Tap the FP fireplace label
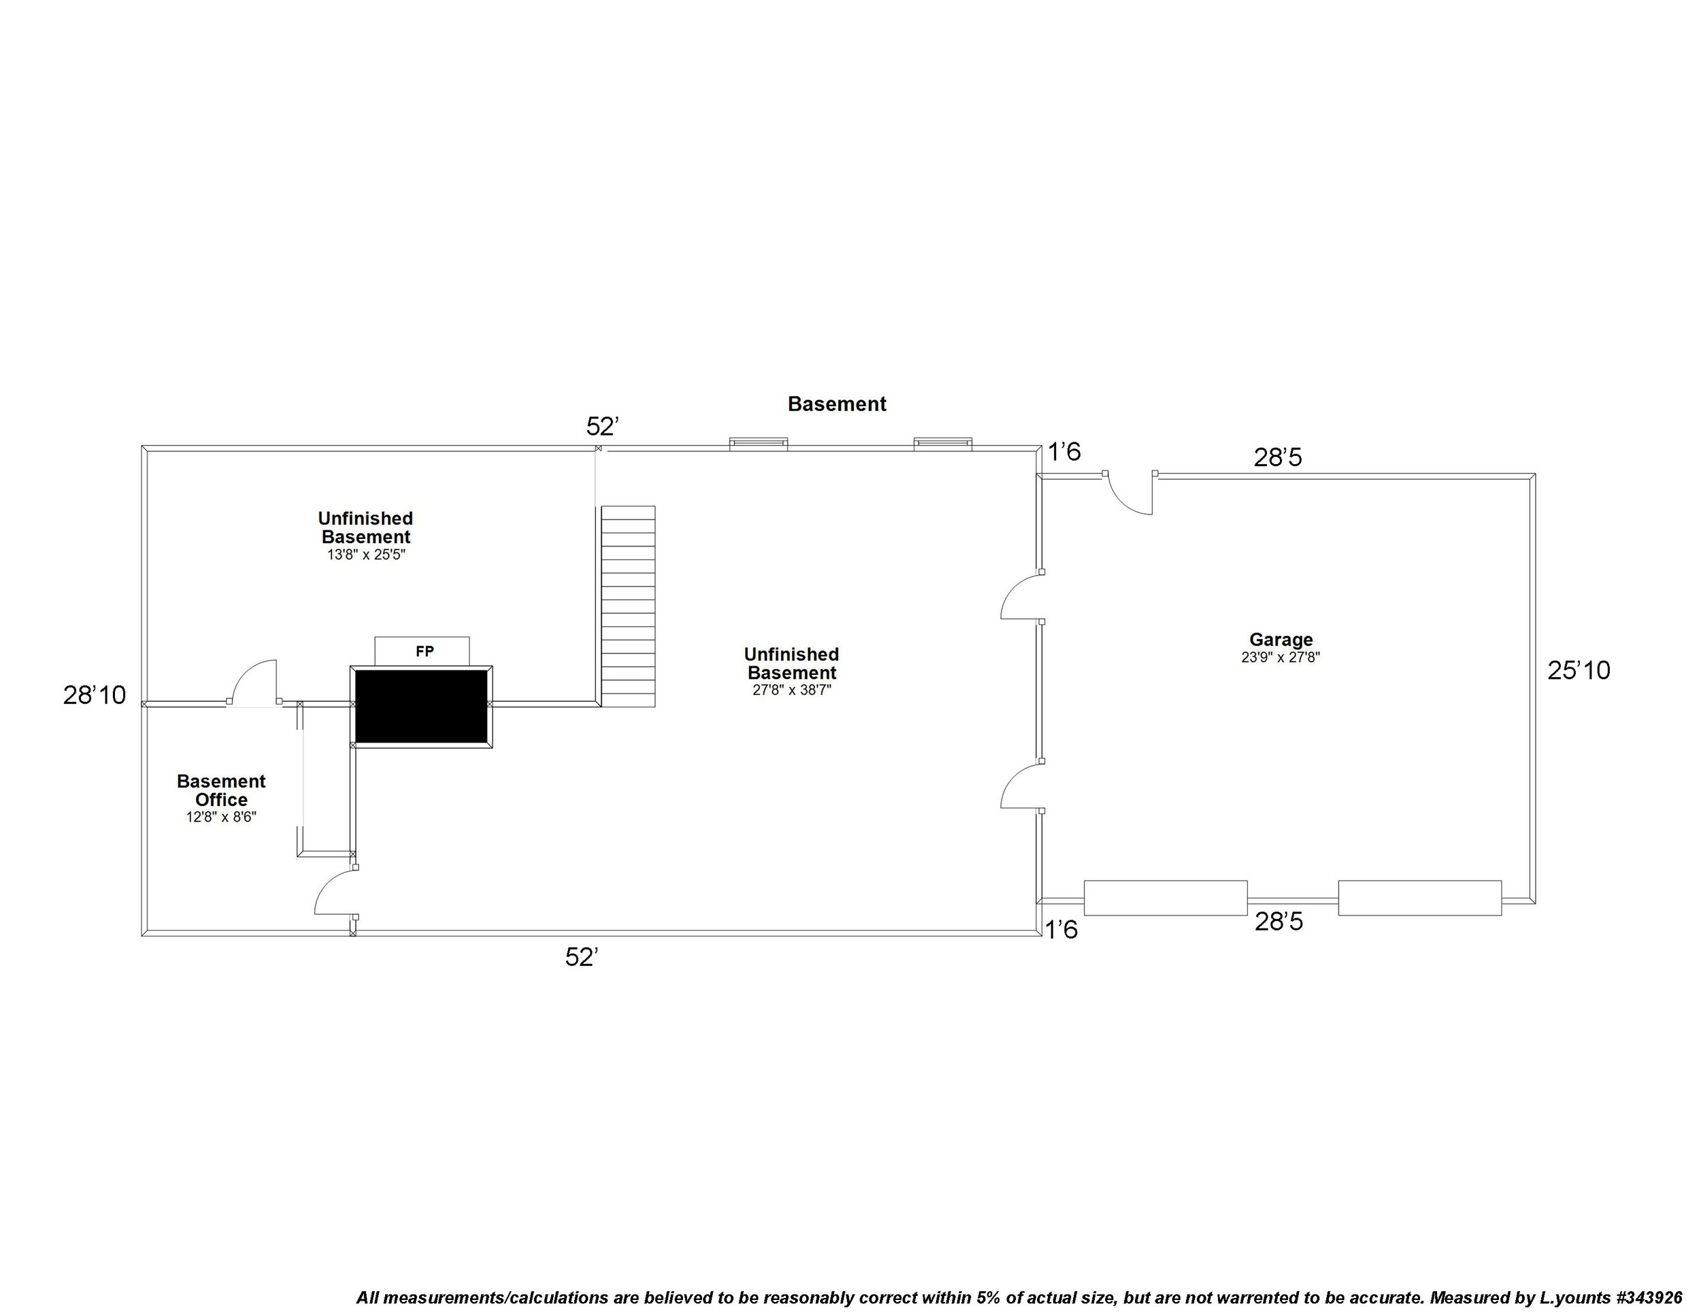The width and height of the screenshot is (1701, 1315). (x=425, y=651)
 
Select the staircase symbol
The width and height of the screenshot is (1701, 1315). (x=628, y=606)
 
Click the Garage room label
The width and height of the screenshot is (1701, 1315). (x=1281, y=640)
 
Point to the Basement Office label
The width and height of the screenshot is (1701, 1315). (x=221, y=790)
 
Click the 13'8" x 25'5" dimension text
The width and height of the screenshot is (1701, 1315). (x=366, y=555)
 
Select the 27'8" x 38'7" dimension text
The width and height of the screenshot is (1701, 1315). (x=791, y=689)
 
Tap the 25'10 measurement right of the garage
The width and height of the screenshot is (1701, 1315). (x=1578, y=670)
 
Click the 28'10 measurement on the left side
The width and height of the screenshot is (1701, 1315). (x=95, y=695)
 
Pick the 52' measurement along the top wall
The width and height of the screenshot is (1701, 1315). (x=602, y=426)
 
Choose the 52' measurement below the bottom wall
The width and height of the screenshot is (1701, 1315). (x=581, y=958)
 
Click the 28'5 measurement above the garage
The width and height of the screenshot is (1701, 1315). (x=1277, y=457)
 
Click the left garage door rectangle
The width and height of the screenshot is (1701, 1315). (x=1165, y=898)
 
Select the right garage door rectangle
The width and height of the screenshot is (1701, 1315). (x=1419, y=898)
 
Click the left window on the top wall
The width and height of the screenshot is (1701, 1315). (x=758, y=444)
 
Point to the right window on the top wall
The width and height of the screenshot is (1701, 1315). (x=942, y=444)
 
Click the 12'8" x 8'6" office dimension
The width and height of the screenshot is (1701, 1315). (x=221, y=817)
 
